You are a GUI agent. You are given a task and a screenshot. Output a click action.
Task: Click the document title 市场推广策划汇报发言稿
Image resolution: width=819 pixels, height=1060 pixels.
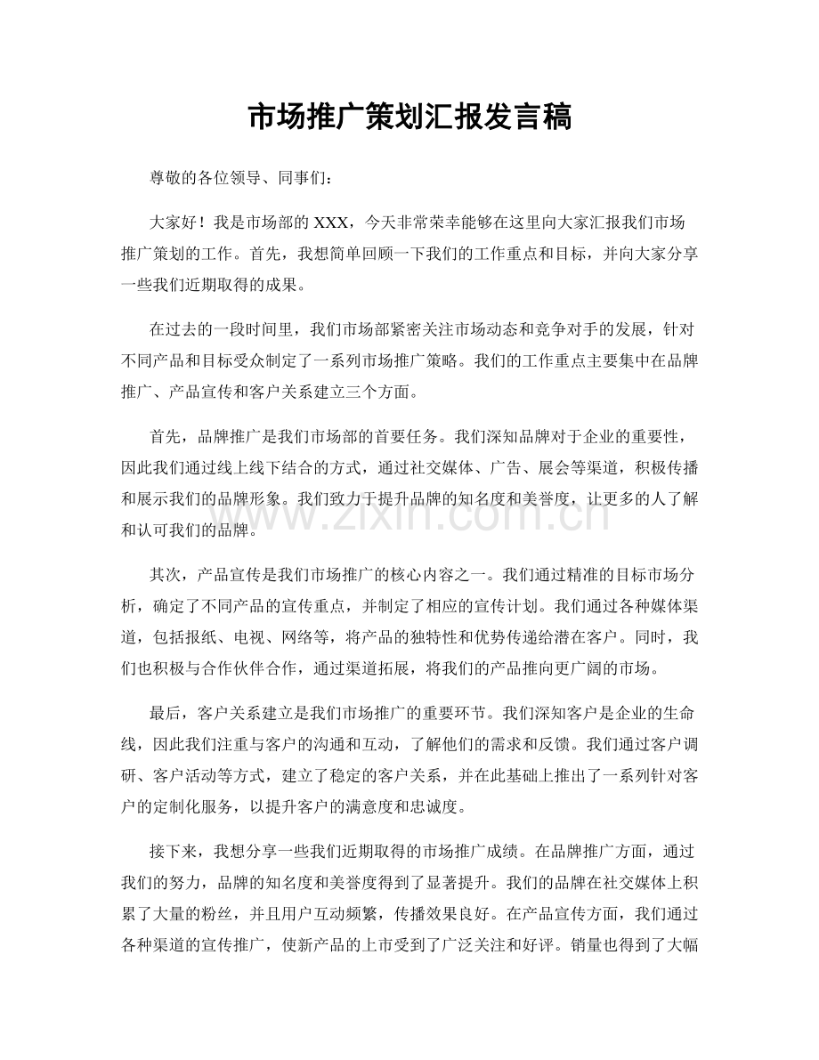[409, 117]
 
